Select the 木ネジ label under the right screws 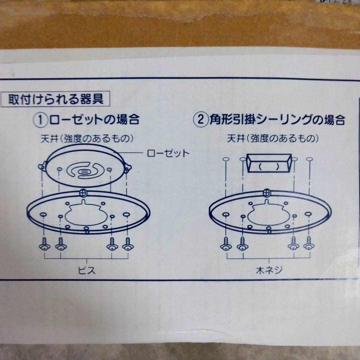(x=269, y=270)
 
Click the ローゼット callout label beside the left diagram (x=168, y=153)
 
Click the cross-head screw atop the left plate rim (x=84, y=192)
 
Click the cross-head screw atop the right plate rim (x=267, y=192)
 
